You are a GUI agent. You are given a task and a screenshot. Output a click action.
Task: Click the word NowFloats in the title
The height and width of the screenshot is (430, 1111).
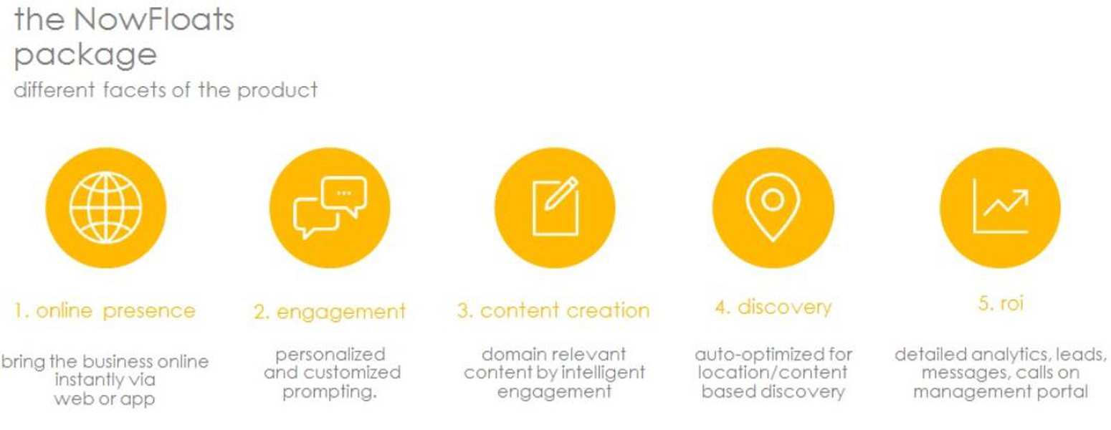click(154, 20)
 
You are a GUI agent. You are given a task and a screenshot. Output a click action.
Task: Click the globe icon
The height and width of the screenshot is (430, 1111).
click(105, 207)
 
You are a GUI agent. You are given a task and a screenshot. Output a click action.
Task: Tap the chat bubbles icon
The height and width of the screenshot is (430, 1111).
click(330, 207)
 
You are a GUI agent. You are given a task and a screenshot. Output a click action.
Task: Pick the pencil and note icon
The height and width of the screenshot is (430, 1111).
click(555, 206)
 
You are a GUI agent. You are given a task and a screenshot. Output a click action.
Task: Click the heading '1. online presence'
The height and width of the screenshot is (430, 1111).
click(105, 311)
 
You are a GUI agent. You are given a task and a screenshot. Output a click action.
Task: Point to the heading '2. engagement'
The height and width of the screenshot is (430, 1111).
click(330, 312)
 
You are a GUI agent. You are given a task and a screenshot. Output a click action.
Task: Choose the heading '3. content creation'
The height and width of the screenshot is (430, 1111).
click(553, 310)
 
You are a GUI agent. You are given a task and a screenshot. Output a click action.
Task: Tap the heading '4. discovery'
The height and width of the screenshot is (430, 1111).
click(773, 307)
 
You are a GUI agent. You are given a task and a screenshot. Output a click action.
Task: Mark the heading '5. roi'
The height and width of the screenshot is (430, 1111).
click(1001, 303)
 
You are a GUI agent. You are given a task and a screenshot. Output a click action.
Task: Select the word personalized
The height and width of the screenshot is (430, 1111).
click(330, 355)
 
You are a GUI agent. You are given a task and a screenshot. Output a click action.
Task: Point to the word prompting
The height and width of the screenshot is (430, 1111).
click(330, 392)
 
